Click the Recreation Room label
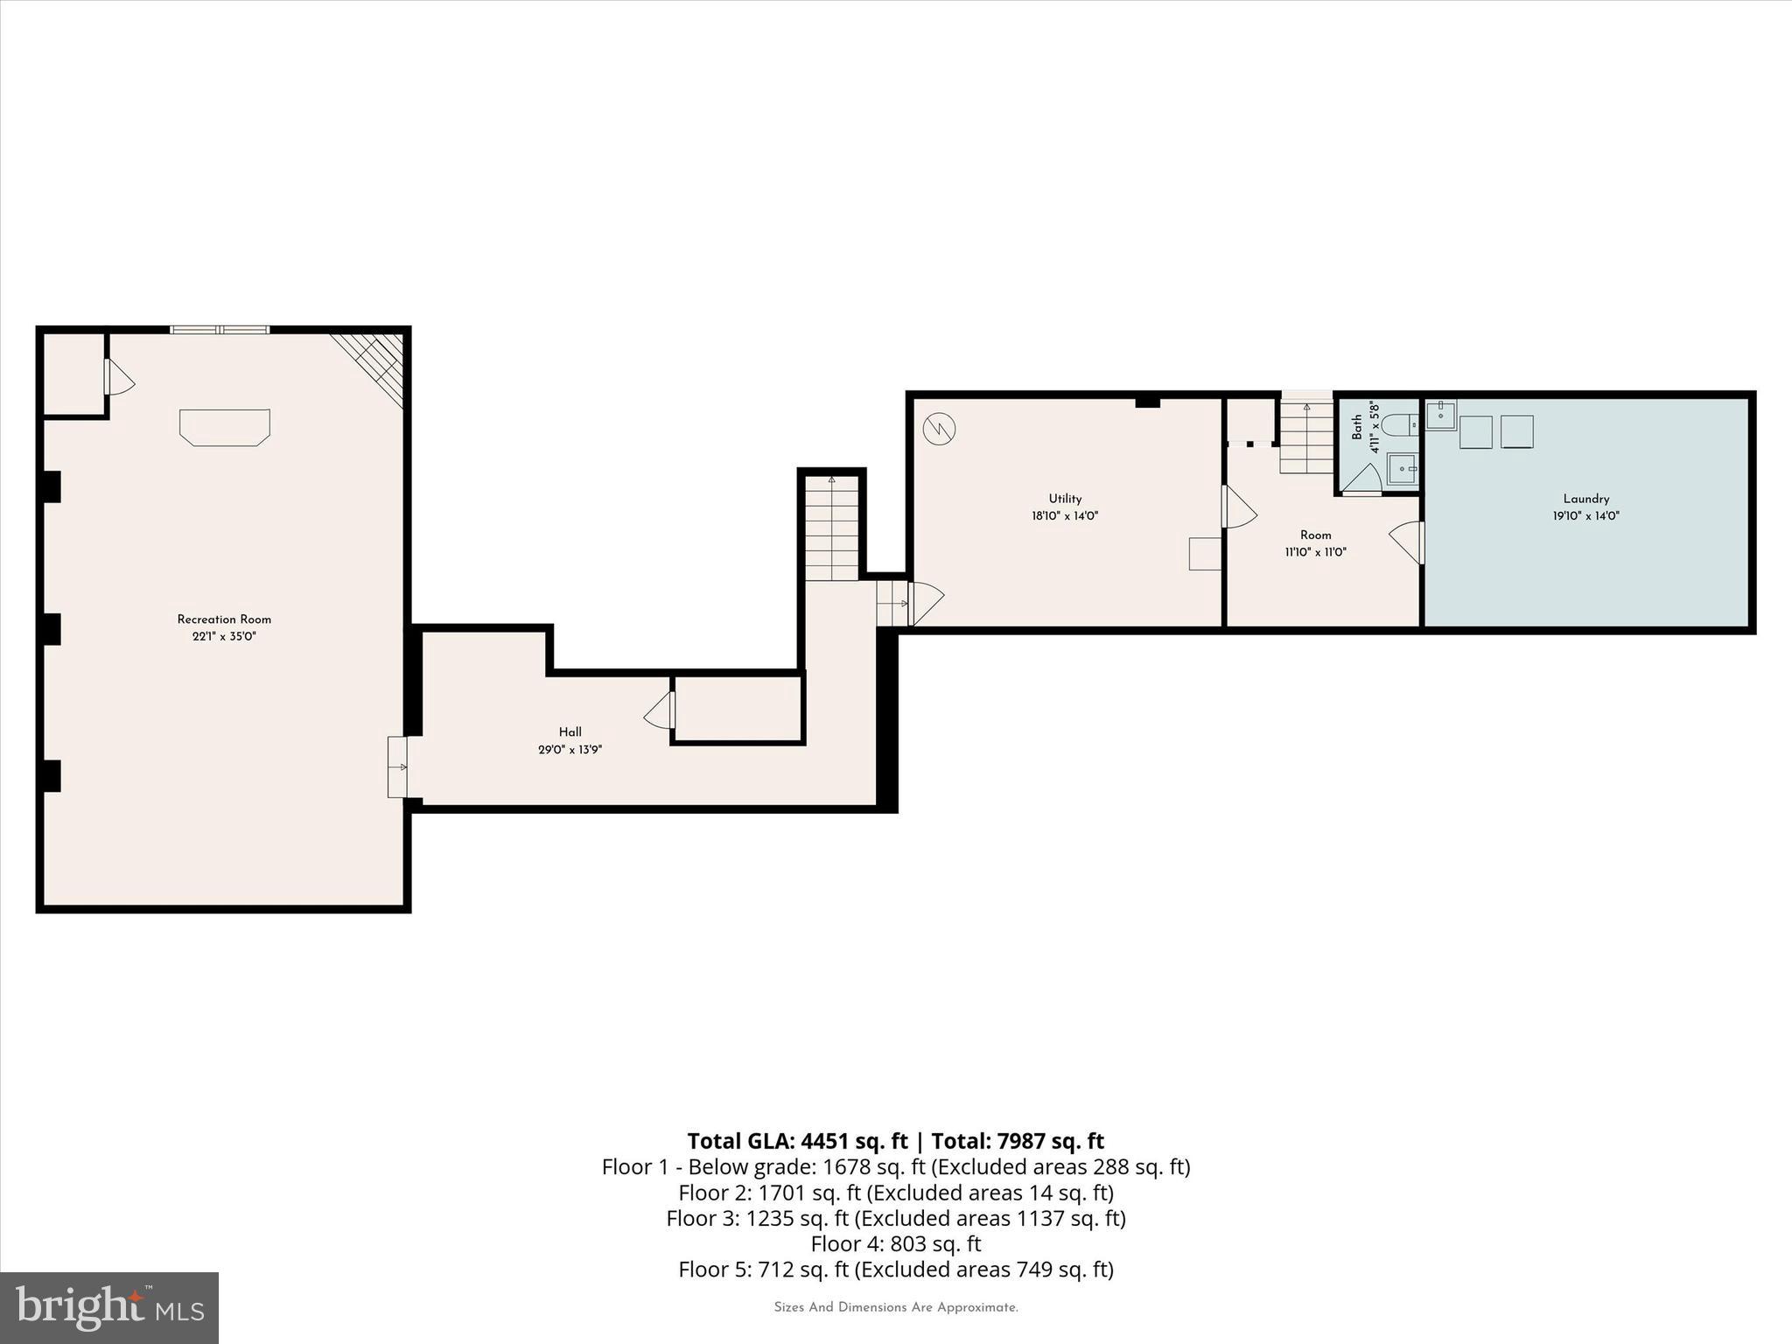click(224, 619)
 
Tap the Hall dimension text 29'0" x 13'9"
click(570, 750)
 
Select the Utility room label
click(1065, 499)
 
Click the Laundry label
click(1585, 499)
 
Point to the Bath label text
click(1356, 427)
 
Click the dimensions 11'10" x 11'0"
click(1315, 552)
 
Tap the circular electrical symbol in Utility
click(939, 429)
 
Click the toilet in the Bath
click(1401, 425)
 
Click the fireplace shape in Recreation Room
click(225, 427)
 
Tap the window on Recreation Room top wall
click(220, 330)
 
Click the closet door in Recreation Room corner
click(118, 377)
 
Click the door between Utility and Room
click(1236, 507)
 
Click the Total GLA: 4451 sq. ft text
click(797, 1141)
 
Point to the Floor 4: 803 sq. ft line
click(895, 1243)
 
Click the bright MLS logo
click(109, 1307)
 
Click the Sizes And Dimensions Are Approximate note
click(895, 1307)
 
